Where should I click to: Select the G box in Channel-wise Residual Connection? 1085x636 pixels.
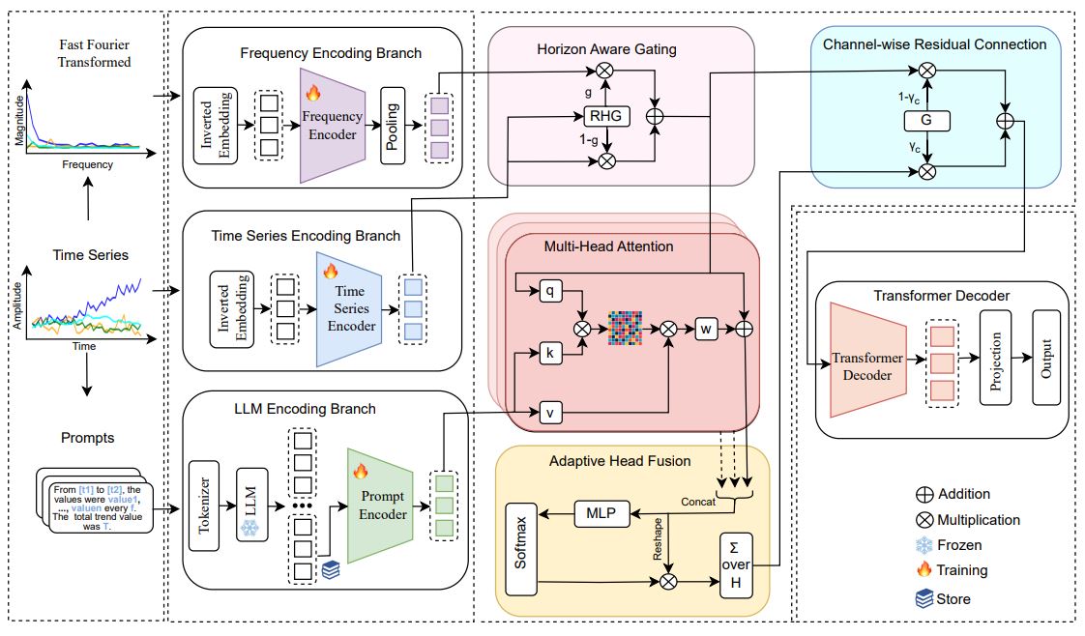point(926,120)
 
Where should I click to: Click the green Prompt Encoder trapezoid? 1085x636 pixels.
point(383,504)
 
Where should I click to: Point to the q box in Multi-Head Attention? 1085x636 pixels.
point(549,289)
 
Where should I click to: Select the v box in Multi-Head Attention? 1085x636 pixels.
point(549,414)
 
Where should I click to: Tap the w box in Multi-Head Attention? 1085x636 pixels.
point(707,329)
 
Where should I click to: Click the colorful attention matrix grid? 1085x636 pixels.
point(625,329)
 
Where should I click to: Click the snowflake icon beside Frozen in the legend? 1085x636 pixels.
point(924,545)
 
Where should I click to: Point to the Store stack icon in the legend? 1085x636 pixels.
point(924,598)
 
